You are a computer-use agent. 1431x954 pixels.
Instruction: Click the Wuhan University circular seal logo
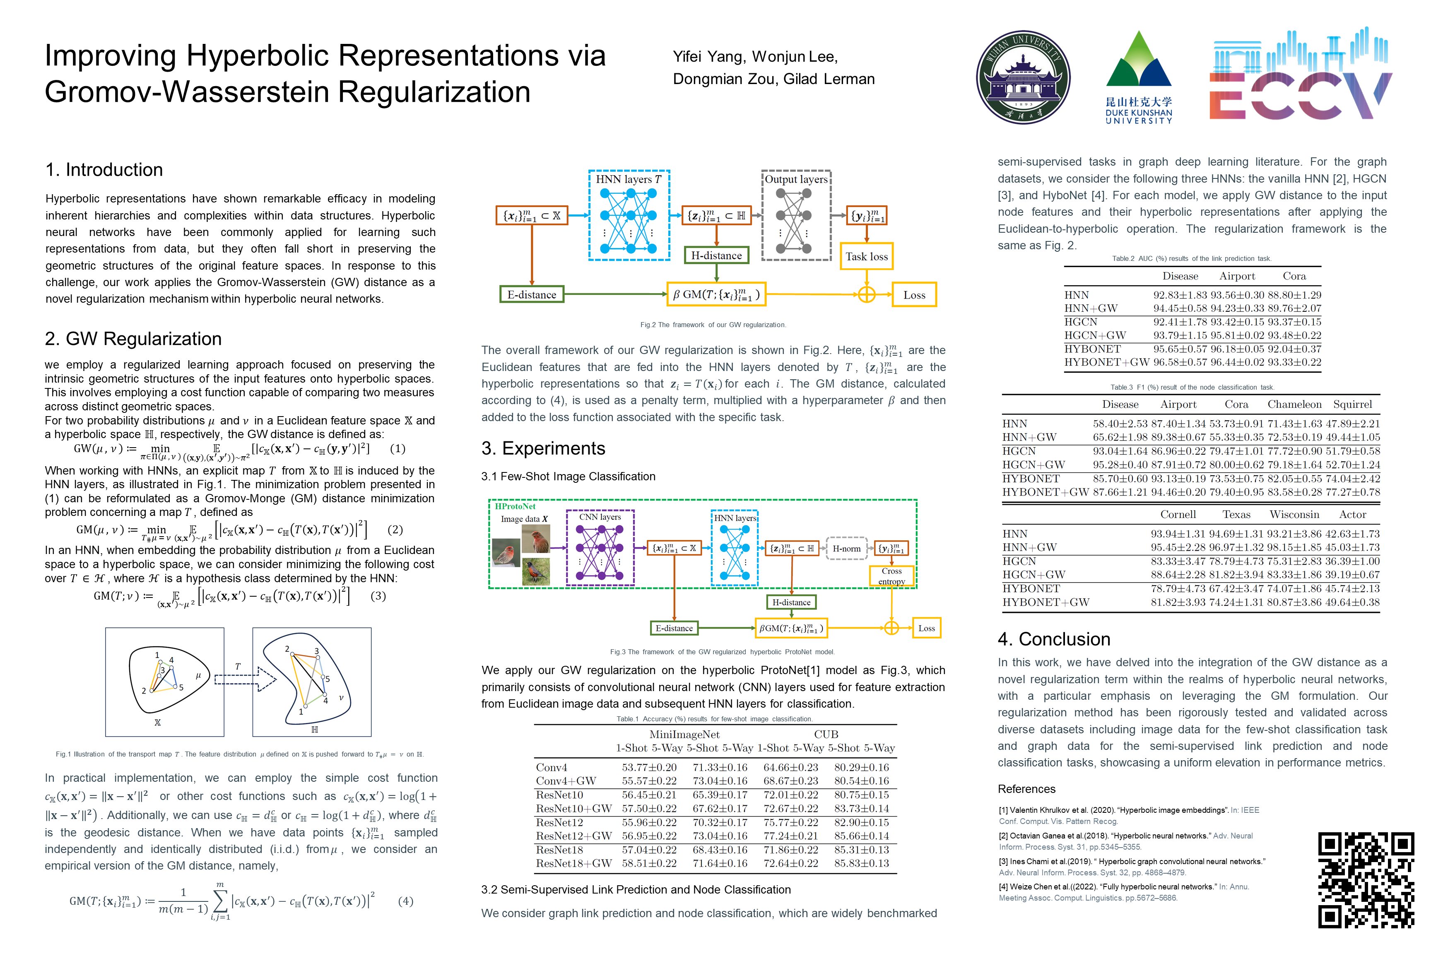point(1024,78)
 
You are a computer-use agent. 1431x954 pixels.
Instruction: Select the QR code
point(1366,880)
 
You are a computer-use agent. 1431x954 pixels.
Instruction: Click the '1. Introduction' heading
point(104,170)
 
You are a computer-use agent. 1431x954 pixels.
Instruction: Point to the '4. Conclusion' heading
point(1054,639)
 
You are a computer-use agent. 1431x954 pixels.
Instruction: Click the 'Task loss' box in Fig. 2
point(866,257)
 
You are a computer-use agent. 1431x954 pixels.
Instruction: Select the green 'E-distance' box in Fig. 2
point(532,294)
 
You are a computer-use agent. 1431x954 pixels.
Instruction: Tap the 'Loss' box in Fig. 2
point(914,294)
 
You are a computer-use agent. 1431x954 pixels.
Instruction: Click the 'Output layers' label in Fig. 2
point(796,179)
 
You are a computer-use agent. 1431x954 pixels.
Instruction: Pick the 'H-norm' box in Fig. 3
point(846,549)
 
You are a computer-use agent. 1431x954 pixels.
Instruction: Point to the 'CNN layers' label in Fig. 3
point(600,517)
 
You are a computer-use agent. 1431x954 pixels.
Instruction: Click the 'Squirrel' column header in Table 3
point(1352,405)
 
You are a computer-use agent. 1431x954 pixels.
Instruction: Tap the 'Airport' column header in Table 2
point(1237,276)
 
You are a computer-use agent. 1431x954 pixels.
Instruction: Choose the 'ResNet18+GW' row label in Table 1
point(574,863)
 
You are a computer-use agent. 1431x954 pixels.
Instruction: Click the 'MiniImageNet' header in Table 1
point(684,735)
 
